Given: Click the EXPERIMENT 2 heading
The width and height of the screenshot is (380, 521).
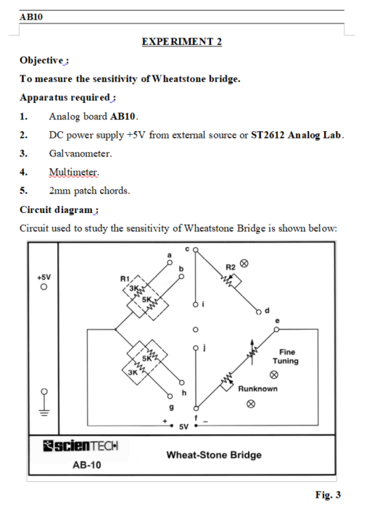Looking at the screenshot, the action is point(181,41).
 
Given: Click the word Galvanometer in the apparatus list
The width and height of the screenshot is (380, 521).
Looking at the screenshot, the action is point(80,154).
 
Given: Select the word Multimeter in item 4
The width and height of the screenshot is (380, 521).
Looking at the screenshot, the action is point(73,172).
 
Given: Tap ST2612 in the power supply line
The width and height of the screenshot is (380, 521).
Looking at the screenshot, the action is point(268,135).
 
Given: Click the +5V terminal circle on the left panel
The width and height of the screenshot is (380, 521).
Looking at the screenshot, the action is point(44,287).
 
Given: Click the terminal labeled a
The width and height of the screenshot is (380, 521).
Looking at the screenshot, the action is point(170,262).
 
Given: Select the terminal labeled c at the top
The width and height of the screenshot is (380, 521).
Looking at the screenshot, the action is point(196,249).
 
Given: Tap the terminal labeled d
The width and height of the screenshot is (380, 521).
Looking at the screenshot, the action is point(259,312).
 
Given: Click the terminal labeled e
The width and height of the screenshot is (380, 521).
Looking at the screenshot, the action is point(276,329).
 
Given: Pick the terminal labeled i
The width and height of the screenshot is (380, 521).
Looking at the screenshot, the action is point(196,304).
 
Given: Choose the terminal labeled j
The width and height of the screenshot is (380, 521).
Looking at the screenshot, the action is point(196,348).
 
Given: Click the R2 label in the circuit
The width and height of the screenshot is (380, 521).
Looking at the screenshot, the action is point(231,267).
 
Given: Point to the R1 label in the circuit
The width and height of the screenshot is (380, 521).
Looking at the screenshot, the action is point(125,278).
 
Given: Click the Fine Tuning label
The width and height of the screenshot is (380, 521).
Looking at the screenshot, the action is point(286,357).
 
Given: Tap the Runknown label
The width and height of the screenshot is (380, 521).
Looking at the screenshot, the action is point(257,388).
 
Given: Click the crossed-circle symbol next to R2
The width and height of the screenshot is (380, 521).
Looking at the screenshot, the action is point(244,264).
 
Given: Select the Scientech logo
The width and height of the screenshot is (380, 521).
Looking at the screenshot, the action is point(80,446).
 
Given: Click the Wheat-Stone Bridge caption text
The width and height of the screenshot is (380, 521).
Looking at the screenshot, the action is point(214,455).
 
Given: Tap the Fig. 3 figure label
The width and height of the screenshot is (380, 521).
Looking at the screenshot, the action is point(328,495).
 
